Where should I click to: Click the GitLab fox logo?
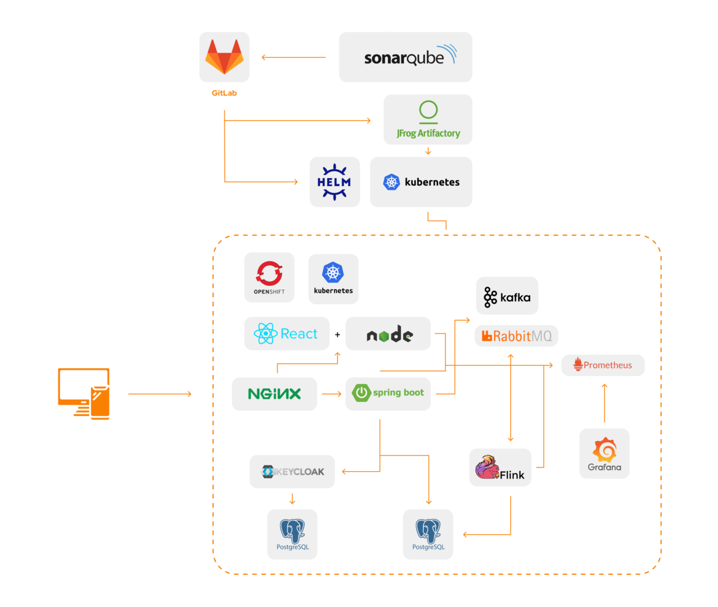(224, 56)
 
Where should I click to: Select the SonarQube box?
(405, 57)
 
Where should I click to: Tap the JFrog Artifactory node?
(428, 120)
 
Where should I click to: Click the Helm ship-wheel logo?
(335, 182)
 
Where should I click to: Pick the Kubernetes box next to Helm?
(421, 182)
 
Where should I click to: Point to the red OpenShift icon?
(269, 273)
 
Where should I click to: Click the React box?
(287, 334)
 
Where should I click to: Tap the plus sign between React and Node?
(337, 334)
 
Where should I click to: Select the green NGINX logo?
(274, 394)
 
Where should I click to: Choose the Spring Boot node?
(388, 393)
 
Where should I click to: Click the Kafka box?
(507, 296)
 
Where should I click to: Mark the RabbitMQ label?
(517, 336)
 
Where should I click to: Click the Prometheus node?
(603, 365)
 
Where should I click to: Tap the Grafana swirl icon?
(604, 450)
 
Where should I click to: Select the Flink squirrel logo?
(487, 467)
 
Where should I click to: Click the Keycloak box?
(292, 472)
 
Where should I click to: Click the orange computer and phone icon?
(84, 393)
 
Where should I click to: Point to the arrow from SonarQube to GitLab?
(293, 57)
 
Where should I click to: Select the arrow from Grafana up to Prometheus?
(604, 403)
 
